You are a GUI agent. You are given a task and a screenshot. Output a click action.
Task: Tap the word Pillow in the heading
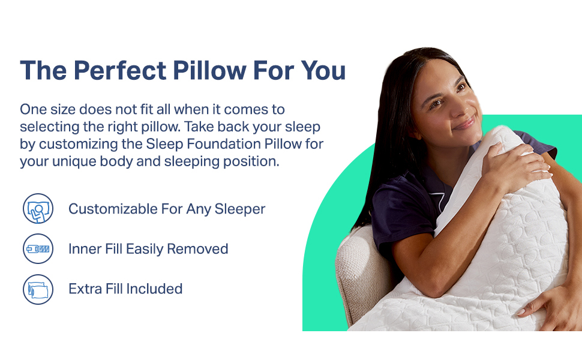point(209,71)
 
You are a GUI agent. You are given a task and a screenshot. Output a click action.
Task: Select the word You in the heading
point(323,71)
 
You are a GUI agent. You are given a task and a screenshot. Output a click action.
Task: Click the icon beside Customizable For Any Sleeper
point(38,209)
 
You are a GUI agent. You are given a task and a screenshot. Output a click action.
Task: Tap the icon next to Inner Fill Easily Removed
point(38,248)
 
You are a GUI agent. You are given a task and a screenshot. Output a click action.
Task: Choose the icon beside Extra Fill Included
point(38,289)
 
